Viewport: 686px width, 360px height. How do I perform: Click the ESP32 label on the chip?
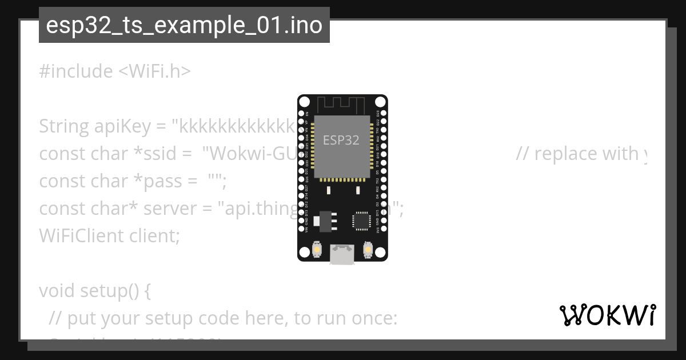pos(341,140)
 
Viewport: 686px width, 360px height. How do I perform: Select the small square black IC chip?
pos(361,220)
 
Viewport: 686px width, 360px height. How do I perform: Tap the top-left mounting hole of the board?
pos(305,102)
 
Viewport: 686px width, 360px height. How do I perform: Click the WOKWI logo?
pos(607,315)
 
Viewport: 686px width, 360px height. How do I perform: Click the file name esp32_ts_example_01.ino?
pos(184,25)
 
